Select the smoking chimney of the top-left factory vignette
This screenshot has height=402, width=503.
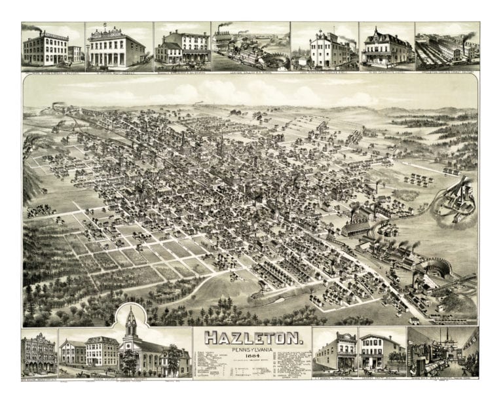[42, 31]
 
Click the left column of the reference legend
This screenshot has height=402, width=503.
[216, 367]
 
